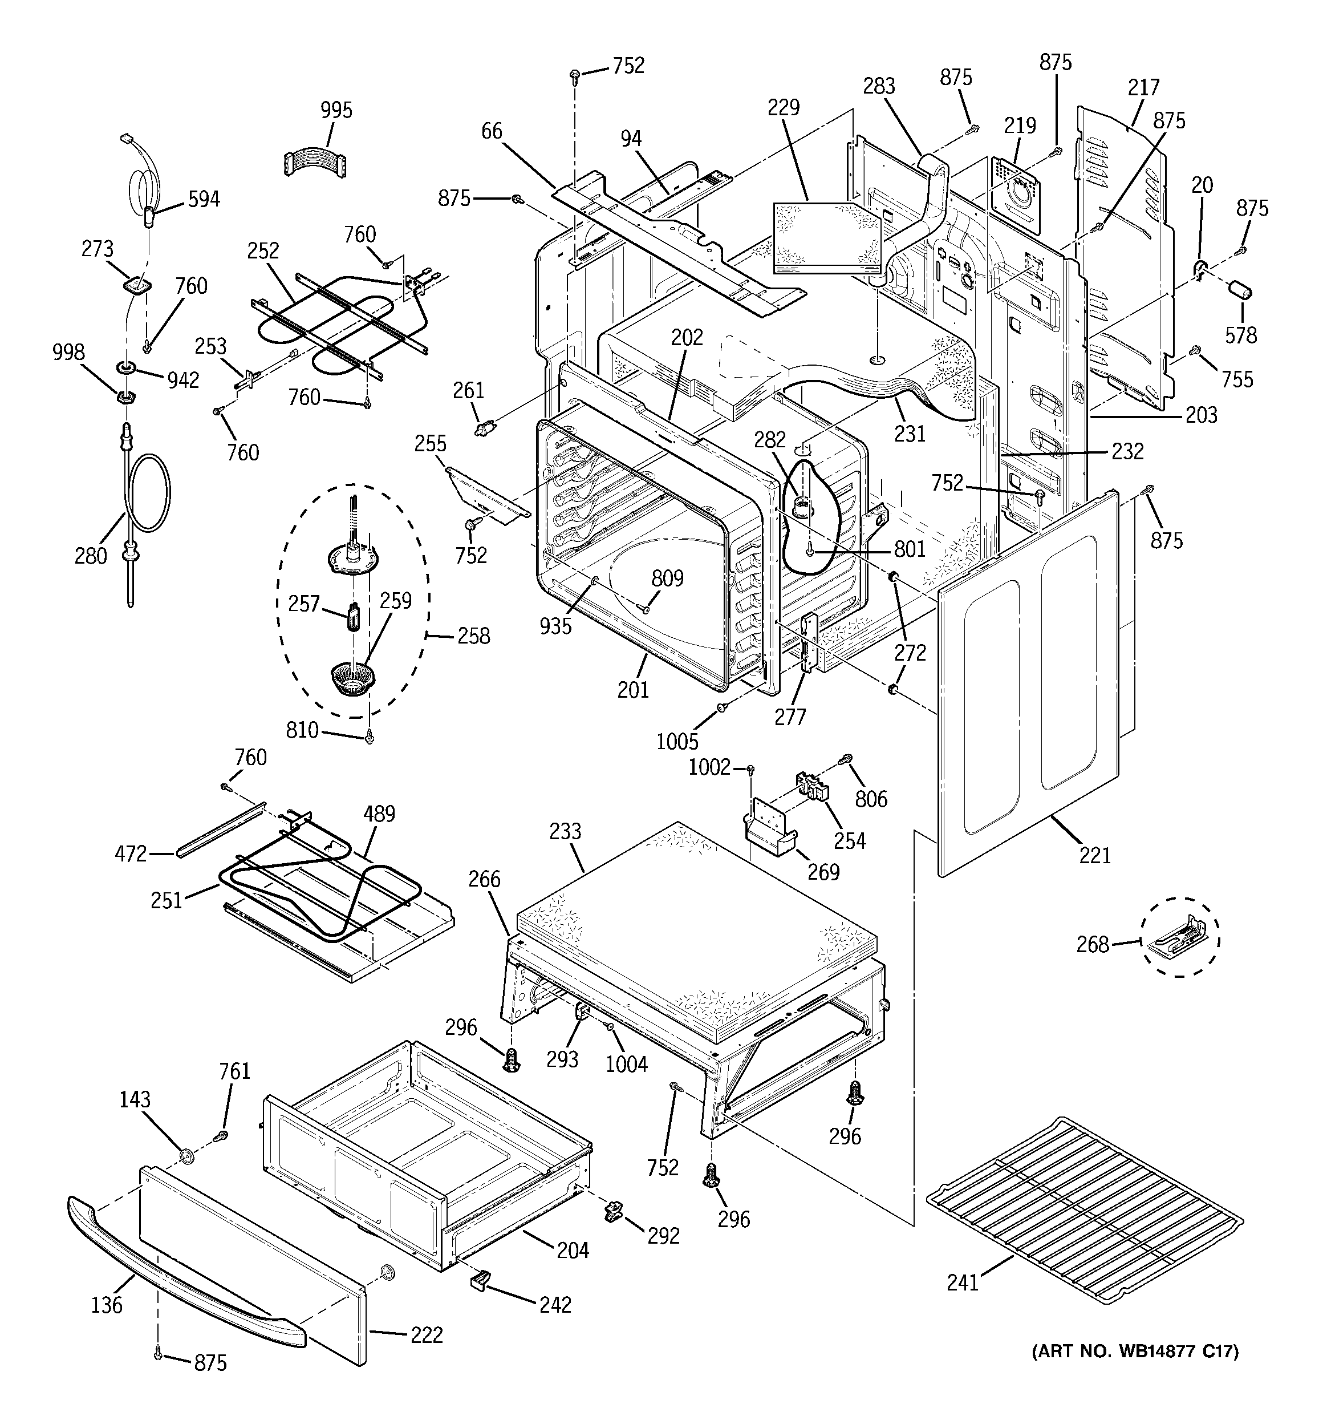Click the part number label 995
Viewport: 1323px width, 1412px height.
[336, 111]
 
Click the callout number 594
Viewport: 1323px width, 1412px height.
[203, 200]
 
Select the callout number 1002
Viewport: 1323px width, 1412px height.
[709, 767]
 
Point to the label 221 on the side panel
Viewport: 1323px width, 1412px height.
[1094, 855]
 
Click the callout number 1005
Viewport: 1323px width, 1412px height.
[677, 742]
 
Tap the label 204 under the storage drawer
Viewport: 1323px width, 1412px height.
[573, 1249]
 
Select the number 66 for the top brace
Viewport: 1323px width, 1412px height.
[492, 131]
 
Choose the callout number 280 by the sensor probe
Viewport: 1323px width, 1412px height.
[91, 556]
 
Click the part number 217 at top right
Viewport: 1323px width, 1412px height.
[1143, 87]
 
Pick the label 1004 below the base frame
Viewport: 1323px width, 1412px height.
[627, 1064]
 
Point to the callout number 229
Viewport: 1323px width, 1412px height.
[784, 107]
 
